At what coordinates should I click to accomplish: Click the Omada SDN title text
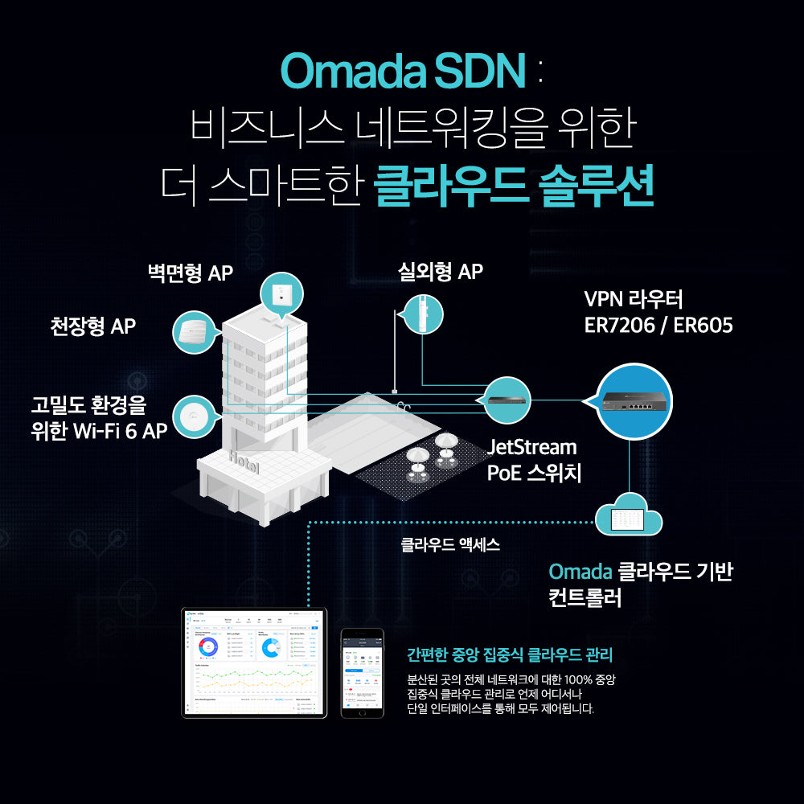pyautogui.click(x=402, y=71)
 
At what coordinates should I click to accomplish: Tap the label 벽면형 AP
pyautogui.click(x=190, y=273)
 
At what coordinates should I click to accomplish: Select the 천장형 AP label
pyautogui.click(x=92, y=326)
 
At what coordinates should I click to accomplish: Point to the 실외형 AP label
pyautogui.click(x=441, y=272)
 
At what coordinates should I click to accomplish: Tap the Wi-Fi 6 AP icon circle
pyautogui.click(x=194, y=416)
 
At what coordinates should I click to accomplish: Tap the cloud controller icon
pyautogui.click(x=629, y=518)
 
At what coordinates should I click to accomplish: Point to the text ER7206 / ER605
pyautogui.click(x=658, y=326)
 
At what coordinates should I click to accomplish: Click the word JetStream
pyautogui.click(x=532, y=447)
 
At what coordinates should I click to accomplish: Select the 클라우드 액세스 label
pyautogui.click(x=450, y=545)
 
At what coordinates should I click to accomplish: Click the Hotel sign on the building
pyautogui.click(x=244, y=464)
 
